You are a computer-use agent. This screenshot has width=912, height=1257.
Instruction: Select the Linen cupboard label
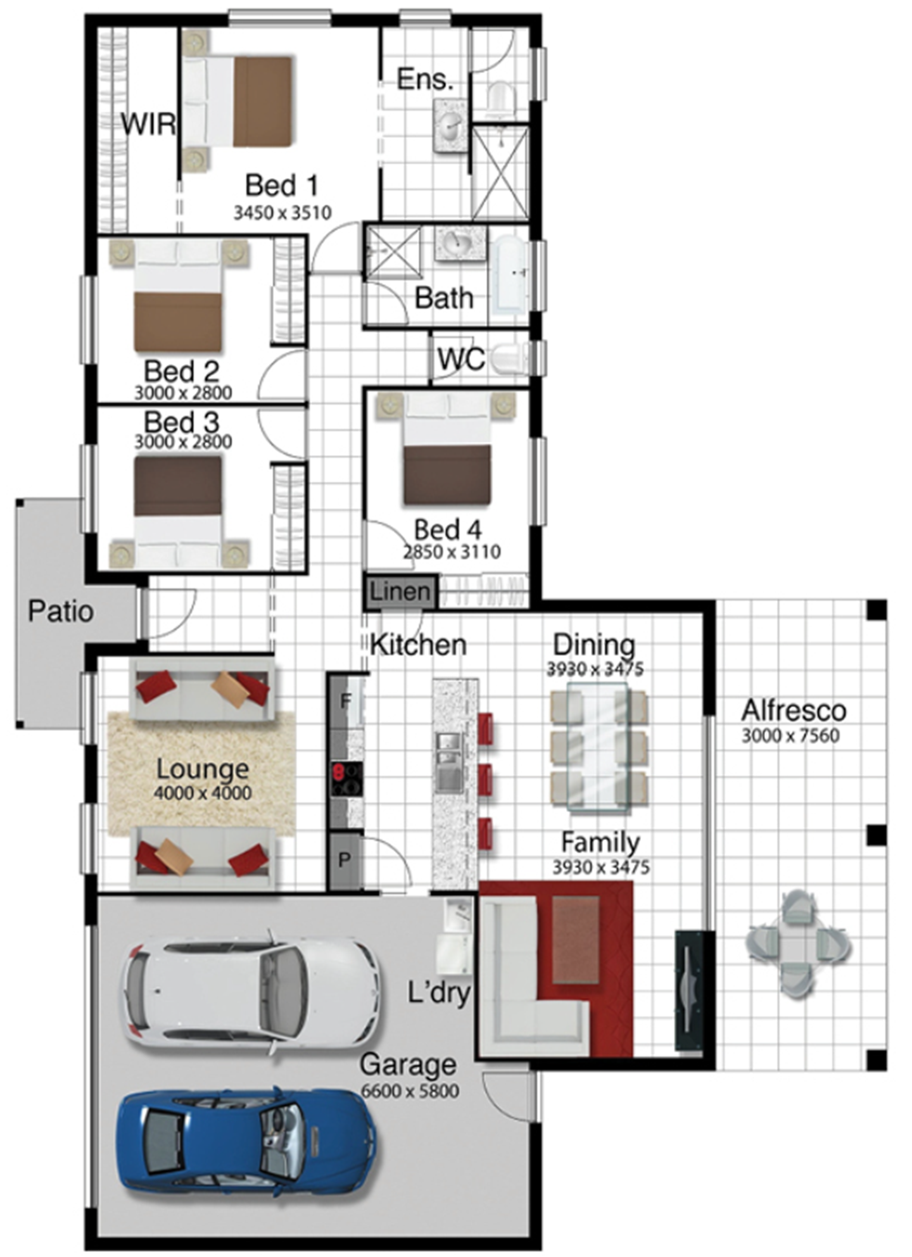point(400,592)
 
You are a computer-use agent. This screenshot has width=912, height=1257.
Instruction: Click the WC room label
point(461,359)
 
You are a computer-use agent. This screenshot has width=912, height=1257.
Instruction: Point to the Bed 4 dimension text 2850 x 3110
point(452,552)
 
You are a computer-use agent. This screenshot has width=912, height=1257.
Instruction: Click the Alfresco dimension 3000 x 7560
point(790,736)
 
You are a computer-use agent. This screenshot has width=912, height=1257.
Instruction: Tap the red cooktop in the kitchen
point(346,778)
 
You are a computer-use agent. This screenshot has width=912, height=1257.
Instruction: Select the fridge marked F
point(345,701)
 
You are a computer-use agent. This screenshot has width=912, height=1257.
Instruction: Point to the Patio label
point(61,612)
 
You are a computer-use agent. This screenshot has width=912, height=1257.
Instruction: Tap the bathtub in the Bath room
point(512,276)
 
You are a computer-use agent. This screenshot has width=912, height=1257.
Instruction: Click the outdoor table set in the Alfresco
point(799,944)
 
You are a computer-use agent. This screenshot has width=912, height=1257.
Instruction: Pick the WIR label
point(148,124)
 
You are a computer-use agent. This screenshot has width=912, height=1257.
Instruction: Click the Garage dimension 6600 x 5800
point(410,1091)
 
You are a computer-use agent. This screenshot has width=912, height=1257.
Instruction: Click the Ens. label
point(425,79)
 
